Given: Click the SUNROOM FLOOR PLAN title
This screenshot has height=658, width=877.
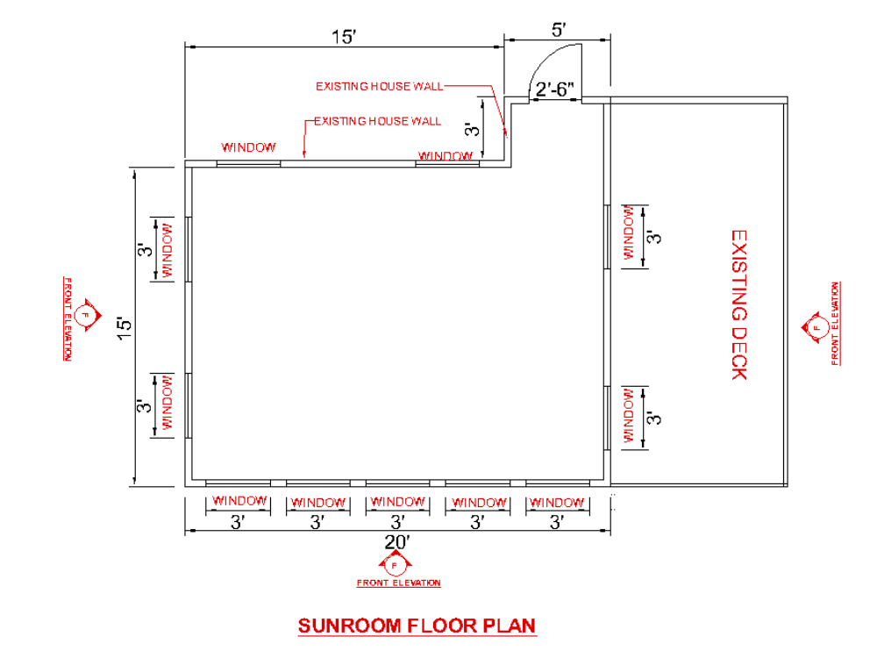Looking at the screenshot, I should tap(417, 626).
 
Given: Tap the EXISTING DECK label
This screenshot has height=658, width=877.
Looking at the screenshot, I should tap(738, 304).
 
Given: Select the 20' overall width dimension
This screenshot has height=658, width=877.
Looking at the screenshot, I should tap(397, 542).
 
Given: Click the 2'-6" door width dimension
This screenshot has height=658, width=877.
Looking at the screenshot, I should tap(554, 89).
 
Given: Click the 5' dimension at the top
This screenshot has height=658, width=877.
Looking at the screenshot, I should tap(557, 30).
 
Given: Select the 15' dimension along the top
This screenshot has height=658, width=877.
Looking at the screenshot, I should tap(343, 36).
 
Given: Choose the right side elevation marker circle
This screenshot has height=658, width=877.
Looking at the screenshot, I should tap(816, 327).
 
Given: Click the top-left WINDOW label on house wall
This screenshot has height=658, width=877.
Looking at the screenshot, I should tap(248, 147).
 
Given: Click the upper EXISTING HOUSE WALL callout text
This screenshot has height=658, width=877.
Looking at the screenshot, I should tap(379, 86).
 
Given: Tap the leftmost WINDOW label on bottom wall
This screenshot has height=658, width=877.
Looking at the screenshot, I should tap(239, 501).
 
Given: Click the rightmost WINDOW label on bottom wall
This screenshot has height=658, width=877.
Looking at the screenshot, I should tap(557, 503).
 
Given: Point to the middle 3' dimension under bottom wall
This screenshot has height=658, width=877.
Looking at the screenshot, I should tap(396, 522).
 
